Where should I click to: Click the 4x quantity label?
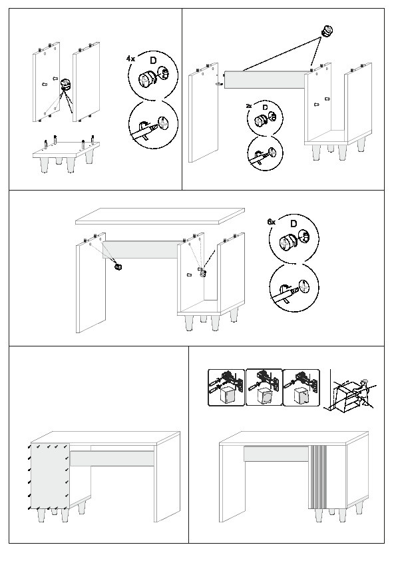click(130, 59)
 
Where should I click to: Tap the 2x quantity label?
click(249, 106)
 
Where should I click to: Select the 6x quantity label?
click(272, 222)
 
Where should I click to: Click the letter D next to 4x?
click(153, 60)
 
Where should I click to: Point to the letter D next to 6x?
click(294, 224)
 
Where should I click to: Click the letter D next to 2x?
click(265, 107)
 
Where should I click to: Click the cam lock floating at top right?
click(326, 31)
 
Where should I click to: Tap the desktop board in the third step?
click(160, 216)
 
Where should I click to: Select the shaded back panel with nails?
click(50, 476)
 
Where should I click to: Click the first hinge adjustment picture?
click(226, 388)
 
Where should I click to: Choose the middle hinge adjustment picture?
click(264, 388)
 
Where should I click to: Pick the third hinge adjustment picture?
click(301, 388)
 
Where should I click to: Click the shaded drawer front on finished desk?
click(276, 454)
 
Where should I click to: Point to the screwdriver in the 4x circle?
click(144, 133)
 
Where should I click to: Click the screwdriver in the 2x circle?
click(258, 157)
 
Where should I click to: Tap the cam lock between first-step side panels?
click(66, 85)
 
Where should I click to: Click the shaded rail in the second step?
click(266, 79)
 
